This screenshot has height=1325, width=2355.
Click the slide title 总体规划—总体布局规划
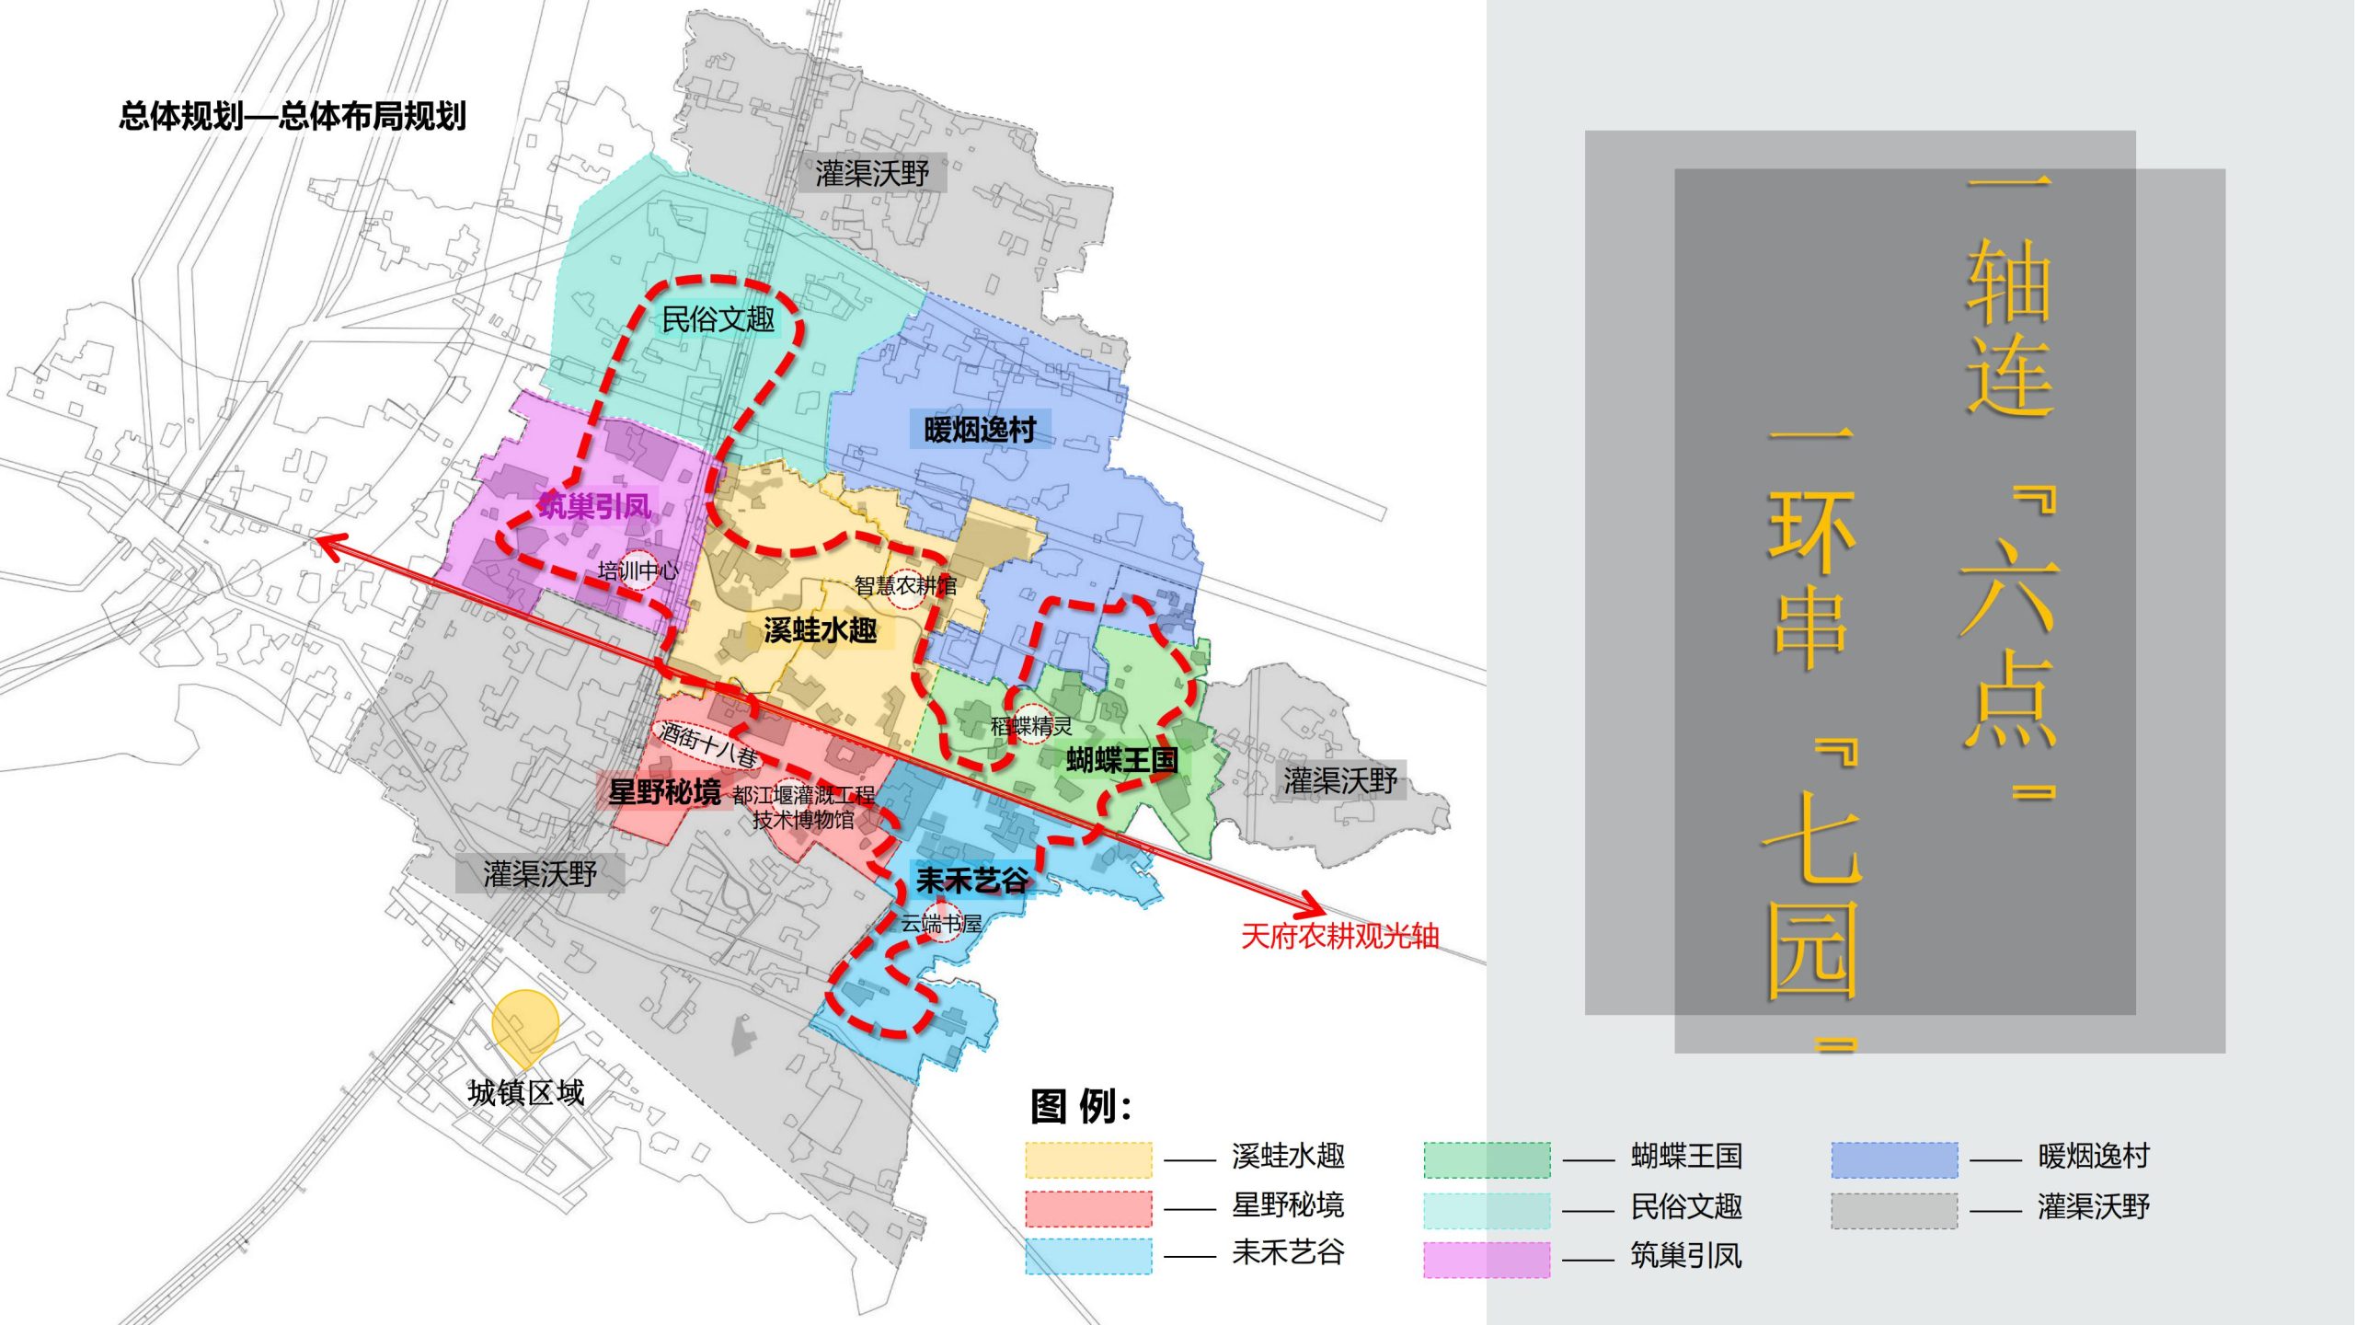coord(293,117)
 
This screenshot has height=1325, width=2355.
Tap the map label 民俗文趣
coord(718,319)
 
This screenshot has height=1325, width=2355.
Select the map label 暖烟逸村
coord(980,430)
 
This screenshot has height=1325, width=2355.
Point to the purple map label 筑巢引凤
coord(594,506)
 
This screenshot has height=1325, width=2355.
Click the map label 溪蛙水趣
coord(820,630)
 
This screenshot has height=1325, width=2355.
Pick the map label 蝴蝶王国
coord(1121,760)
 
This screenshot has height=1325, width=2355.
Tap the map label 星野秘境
coord(664,791)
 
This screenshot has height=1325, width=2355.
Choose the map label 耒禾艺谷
coord(971,881)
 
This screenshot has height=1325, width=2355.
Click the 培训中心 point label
coord(638,570)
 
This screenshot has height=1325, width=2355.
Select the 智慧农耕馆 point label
coord(905,585)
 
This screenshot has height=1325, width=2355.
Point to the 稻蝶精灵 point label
coord(1031,726)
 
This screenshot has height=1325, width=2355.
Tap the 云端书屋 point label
coord(941,923)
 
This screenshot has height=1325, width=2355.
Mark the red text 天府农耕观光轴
coord(1339,936)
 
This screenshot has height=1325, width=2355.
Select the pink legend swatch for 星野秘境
coord(1088,1208)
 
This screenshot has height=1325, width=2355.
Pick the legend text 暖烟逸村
coord(2093,1156)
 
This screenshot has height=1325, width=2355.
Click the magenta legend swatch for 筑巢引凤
coord(1486,1259)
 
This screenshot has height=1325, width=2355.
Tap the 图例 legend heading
coord(1080,1106)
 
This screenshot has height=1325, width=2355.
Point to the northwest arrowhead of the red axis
coord(322,542)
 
